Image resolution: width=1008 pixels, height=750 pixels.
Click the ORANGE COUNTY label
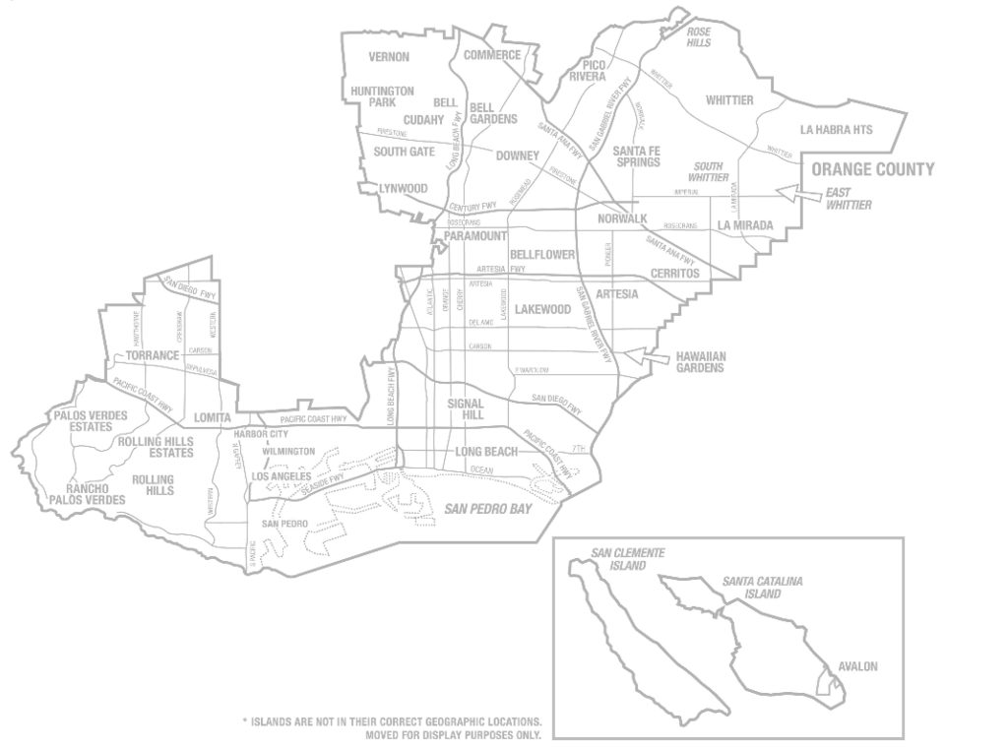point(872,169)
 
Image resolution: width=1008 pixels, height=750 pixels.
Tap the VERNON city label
point(389,57)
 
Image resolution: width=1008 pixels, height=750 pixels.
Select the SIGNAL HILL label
point(466,409)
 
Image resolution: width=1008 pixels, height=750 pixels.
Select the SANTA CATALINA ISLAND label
point(762,588)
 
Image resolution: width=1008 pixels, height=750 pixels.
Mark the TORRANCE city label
point(152,355)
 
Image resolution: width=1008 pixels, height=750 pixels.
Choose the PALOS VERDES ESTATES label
point(91,421)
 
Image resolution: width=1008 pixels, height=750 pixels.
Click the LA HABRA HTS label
point(837,129)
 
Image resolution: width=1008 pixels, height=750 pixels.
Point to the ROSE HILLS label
point(698,36)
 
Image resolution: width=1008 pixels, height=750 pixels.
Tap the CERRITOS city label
point(674,273)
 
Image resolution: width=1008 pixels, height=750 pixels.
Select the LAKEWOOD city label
point(543,309)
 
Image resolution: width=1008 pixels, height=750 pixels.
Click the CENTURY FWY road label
point(470,208)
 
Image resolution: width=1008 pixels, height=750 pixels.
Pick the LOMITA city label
point(212,417)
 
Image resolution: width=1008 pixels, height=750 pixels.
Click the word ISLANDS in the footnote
point(282,720)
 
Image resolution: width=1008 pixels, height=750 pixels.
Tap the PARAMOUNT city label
point(474,237)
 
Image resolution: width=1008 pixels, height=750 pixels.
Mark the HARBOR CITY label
point(261,434)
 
